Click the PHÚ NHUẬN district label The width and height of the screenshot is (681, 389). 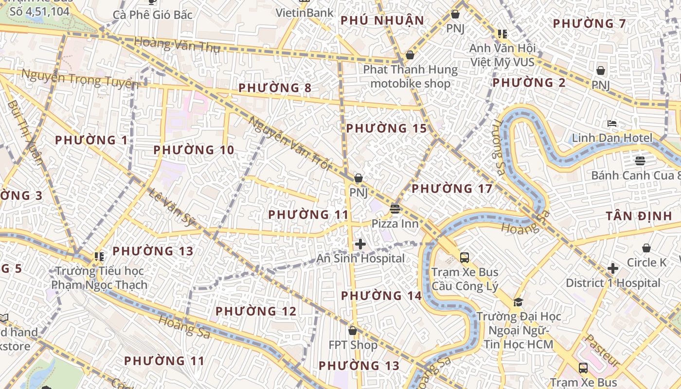[x=382, y=20]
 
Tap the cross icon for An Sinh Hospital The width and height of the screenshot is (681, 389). [x=360, y=244]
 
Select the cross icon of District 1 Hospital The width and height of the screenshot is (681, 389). [x=613, y=268]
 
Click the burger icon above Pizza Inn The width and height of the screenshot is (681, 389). [x=395, y=209]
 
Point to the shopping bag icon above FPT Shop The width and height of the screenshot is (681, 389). [x=353, y=331]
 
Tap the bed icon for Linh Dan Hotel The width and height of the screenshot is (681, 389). [x=612, y=124]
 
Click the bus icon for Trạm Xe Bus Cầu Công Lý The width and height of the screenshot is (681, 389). [x=465, y=257]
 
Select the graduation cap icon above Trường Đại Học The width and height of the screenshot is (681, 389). [x=518, y=302]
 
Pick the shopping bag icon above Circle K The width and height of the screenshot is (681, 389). [x=646, y=248]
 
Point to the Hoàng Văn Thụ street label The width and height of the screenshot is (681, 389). [x=177, y=45]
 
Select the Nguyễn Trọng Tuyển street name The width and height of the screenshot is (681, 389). [x=80, y=79]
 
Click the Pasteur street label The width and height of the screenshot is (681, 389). [x=602, y=350]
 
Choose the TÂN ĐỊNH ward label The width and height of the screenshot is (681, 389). [x=639, y=216]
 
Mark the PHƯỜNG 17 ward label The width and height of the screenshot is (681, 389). [x=452, y=189]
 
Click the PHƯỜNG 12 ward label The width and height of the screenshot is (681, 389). [x=256, y=311]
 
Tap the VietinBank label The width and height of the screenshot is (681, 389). [x=305, y=13]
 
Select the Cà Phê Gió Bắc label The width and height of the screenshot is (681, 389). [x=153, y=15]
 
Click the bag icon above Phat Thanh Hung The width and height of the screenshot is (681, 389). [x=410, y=54]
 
